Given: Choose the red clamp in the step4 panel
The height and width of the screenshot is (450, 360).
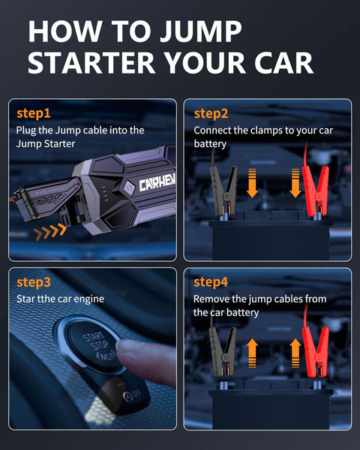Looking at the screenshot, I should click(315, 352).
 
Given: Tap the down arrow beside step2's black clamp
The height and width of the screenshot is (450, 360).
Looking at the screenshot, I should click(252, 183).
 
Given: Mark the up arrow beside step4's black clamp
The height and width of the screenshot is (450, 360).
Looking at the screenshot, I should click(252, 350).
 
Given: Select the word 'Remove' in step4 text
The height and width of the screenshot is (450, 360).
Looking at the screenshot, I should click(212, 298).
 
